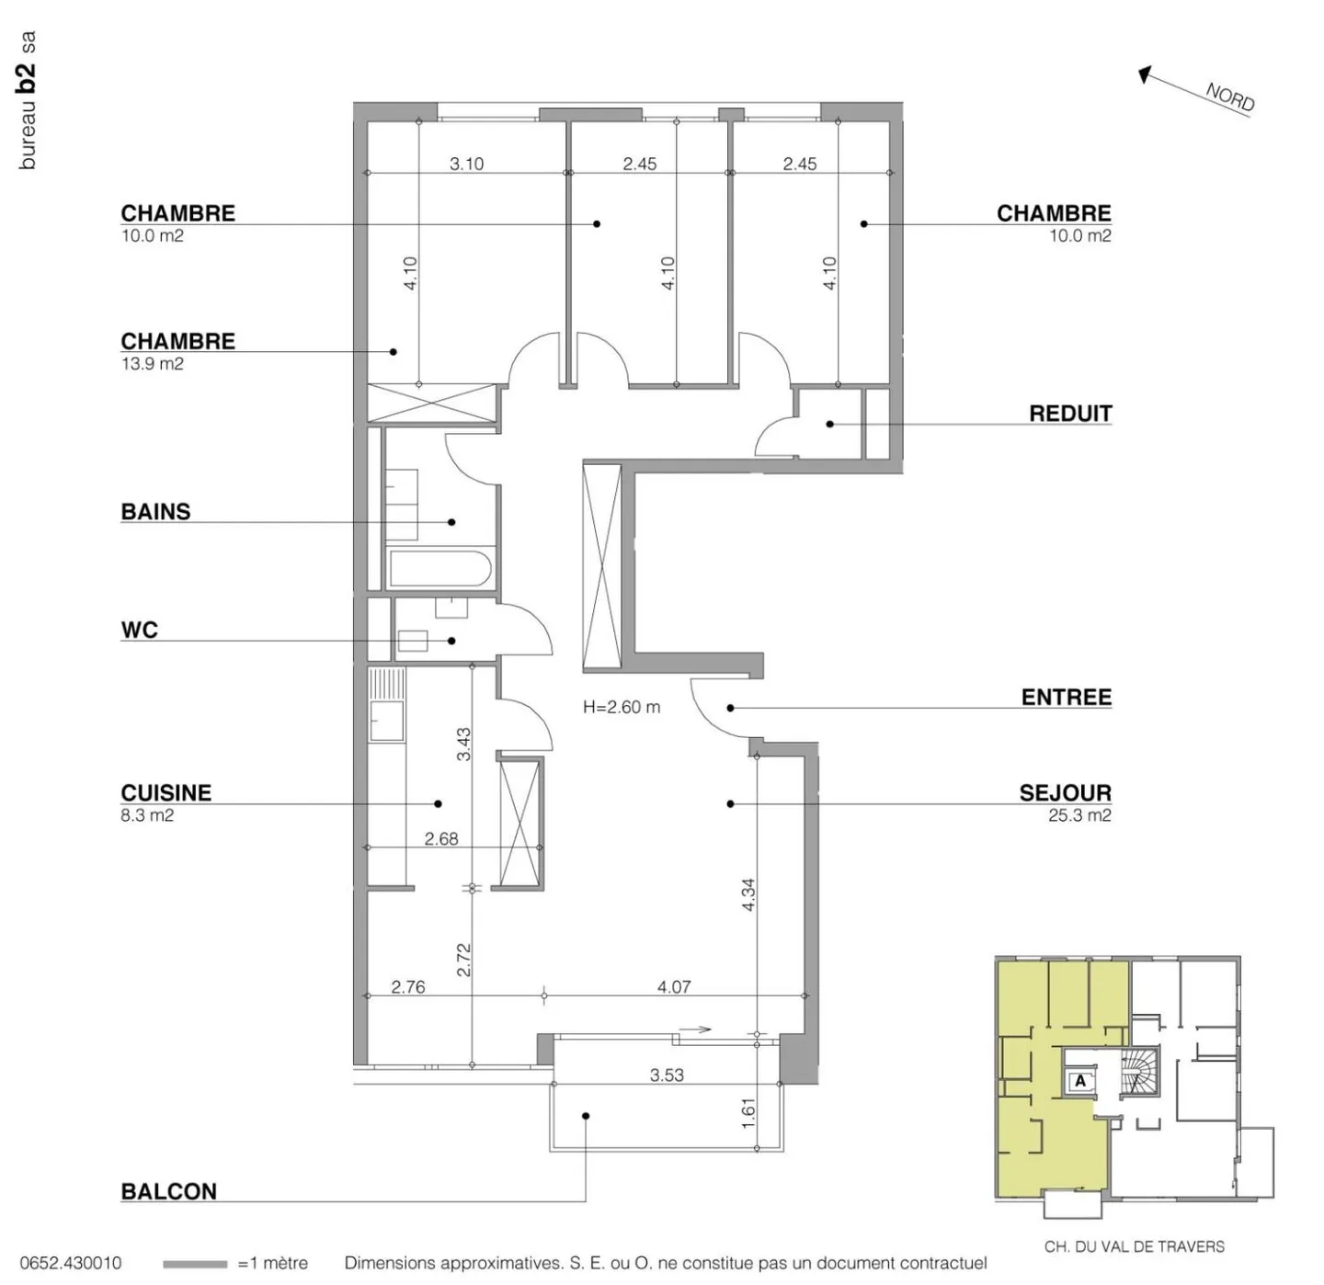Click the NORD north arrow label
1229,97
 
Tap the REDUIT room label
1070,414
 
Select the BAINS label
155,512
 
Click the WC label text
139,631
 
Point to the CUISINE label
165,792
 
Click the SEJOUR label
1065,792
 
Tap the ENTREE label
1066,698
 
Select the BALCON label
168,1191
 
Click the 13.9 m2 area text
152,364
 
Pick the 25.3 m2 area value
1079,815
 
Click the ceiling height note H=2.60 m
621,707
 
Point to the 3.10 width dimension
466,164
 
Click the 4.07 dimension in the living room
673,986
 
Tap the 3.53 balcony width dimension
667,1075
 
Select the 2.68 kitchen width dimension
441,838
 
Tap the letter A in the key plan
1080,1081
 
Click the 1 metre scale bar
194,1265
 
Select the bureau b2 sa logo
28,101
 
